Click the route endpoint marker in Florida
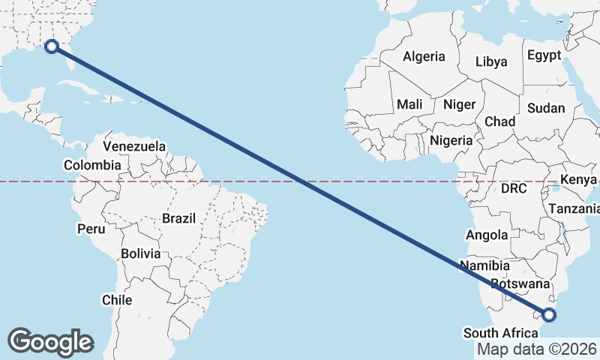[x=52, y=46]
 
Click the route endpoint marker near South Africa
[x=549, y=315]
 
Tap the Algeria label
[x=424, y=56]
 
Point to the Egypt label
[x=544, y=55]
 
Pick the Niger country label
[x=459, y=104]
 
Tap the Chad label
[x=500, y=121]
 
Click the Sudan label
[x=546, y=108]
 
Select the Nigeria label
[x=451, y=139]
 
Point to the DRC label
[x=514, y=187]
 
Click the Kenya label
[x=578, y=180]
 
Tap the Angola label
[x=487, y=235]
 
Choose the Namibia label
[x=485, y=265]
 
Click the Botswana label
[x=520, y=284]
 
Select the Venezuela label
[x=135, y=146]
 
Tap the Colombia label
[x=92, y=165]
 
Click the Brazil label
[x=178, y=218]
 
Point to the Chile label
[x=117, y=300]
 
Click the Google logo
[x=50, y=342]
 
